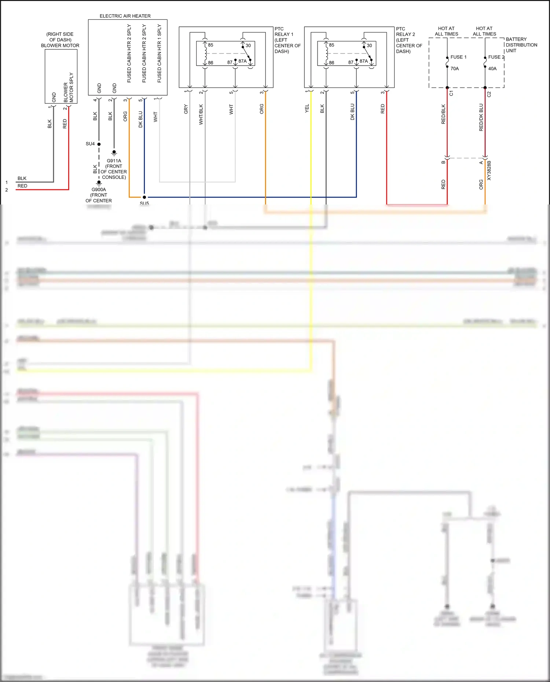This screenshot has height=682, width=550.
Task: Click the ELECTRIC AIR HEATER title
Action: coord(125,16)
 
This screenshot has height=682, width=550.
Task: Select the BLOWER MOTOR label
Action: coord(60,45)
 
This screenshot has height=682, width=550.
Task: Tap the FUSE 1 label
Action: coord(458,57)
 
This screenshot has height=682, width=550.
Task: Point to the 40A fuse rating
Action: coord(492,69)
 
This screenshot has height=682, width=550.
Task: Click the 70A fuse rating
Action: coord(455,69)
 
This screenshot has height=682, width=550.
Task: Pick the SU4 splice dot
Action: coord(99,144)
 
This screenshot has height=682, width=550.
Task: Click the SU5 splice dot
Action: coord(144,197)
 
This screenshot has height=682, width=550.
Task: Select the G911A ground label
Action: coord(114,161)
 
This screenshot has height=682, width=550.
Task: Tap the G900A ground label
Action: coord(99,189)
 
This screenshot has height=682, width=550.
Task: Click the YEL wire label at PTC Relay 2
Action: coord(307,108)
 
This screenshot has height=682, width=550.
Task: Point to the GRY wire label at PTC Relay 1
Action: coord(186,109)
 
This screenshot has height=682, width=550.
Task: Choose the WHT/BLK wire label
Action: coord(201,114)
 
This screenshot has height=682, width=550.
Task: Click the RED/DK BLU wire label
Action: coord(481,117)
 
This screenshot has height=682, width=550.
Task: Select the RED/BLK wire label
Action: coord(443,114)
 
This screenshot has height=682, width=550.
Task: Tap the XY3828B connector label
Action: coord(489,170)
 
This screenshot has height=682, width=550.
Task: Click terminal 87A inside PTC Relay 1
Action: coord(242,61)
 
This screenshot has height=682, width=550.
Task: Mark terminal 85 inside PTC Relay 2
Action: coord(331,45)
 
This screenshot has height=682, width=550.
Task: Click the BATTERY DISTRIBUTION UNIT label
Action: coord(521,45)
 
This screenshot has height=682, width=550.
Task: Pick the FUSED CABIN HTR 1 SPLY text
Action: coord(159,53)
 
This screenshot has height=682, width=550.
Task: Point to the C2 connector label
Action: coord(489,94)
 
